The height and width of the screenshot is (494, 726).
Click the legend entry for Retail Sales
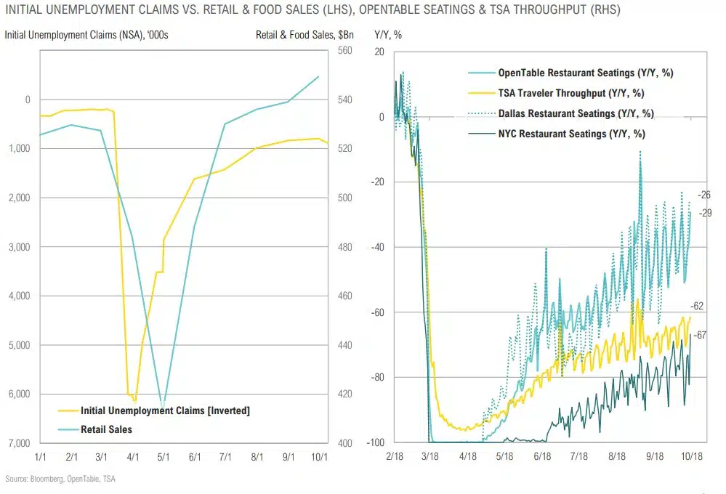[107, 429]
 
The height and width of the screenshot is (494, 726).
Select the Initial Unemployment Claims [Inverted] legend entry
[165, 411]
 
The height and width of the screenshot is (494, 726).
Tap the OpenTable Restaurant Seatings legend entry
[590, 73]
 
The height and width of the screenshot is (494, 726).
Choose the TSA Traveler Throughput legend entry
[571, 93]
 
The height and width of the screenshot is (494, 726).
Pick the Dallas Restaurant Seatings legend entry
[576, 113]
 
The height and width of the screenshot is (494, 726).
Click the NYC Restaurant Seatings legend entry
[571, 134]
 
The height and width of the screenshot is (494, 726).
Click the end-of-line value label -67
[701, 335]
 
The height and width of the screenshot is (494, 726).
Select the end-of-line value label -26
[703, 195]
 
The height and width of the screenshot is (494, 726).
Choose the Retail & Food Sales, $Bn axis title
[294, 33]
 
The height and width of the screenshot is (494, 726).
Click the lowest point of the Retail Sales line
[163, 407]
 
